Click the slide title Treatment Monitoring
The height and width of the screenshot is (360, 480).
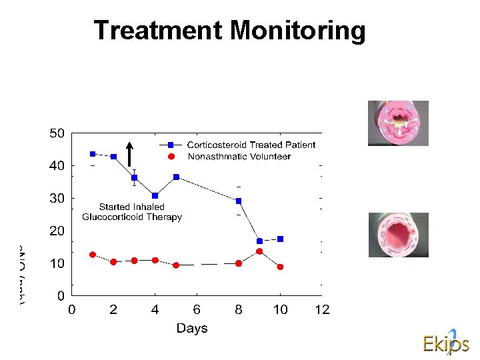(x=229, y=31)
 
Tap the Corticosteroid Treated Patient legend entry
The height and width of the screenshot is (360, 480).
(x=251, y=145)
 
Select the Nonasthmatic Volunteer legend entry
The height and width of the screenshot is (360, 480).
(x=239, y=157)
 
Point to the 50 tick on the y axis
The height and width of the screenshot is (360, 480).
(x=57, y=133)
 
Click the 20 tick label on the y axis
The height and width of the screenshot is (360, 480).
(x=57, y=231)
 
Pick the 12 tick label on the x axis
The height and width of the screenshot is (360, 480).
(x=322, y=310)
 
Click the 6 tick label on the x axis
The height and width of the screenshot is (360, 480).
(x=197, y=310)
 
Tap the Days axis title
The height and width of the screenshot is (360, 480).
(x=192, y=328)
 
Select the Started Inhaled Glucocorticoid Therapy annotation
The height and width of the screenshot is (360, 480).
(x=132, y=212)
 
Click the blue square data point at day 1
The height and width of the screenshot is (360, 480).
(x=93, y=154)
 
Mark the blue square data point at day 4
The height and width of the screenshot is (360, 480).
(x=155, y=195)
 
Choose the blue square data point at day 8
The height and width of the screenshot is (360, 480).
(x=239, y=201)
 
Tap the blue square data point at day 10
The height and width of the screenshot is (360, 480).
(x=280, y=239)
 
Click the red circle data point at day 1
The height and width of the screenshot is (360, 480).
(x=93, y=255)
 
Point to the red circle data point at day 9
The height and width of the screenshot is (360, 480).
(x=259, y=251)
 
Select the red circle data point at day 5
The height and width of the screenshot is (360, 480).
(x=176, y=265)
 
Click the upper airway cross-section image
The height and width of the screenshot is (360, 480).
(x=398, y=123)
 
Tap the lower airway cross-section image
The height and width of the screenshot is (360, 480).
(x=398, y=235)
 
